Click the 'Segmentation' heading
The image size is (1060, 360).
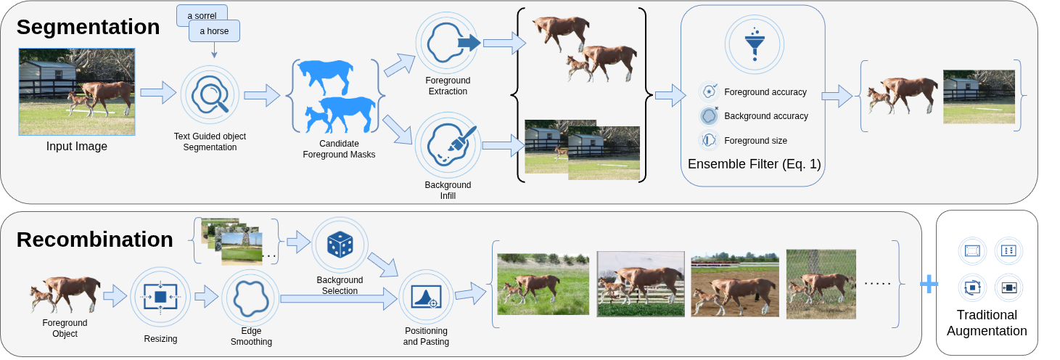coord(88,27)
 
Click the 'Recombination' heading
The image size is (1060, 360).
coord(94,239)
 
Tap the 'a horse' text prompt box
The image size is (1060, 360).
coord(214,32)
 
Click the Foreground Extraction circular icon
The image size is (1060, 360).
coord(448,44)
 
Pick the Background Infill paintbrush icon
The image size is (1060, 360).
coord(448,144)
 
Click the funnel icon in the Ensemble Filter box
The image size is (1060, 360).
coord(754,44)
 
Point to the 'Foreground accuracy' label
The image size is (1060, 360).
coord(765,92)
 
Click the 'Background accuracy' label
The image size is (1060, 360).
coord(765,116)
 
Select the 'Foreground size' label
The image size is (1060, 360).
coord(755,140)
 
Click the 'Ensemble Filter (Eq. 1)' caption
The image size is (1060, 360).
coord(754,164)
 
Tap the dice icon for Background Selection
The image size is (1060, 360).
coord(340,245)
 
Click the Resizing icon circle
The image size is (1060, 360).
coord(160,296)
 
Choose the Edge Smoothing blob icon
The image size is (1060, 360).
coord(250,296)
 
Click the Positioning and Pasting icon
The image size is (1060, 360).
coord(426,297)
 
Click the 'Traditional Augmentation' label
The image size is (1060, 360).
coord(986,323)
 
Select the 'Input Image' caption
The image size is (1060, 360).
coord(77,147)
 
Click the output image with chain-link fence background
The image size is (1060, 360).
coord(821,284)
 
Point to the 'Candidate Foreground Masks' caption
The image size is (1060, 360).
coord(338,149)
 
